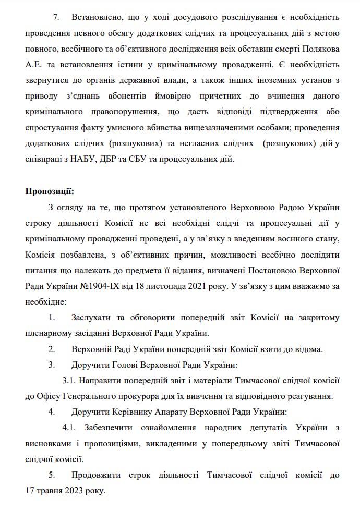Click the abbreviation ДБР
pos(107,159)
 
